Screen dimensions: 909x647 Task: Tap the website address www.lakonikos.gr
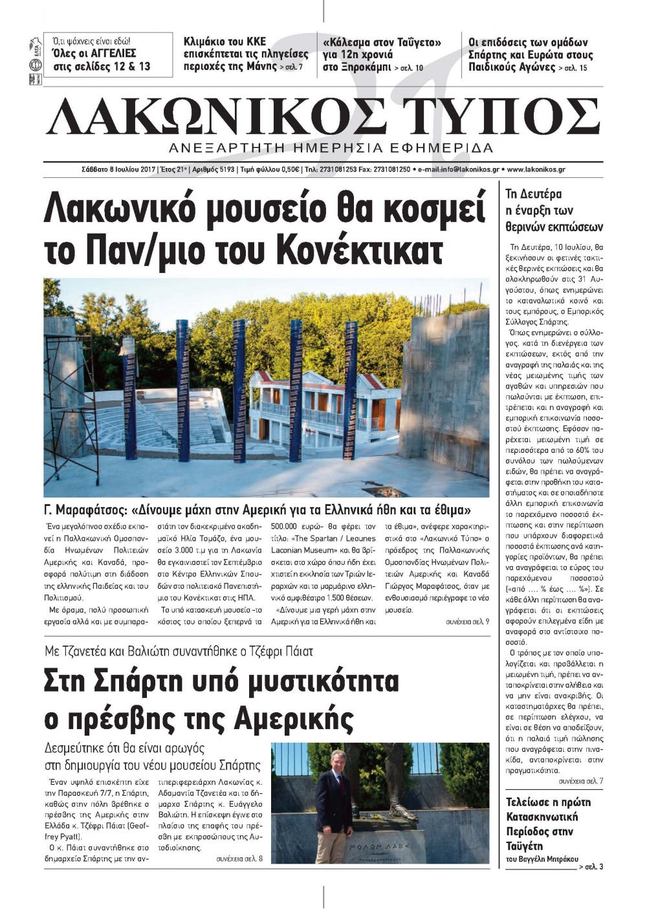(536, 170)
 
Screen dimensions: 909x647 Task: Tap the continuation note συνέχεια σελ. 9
(468, 621)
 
